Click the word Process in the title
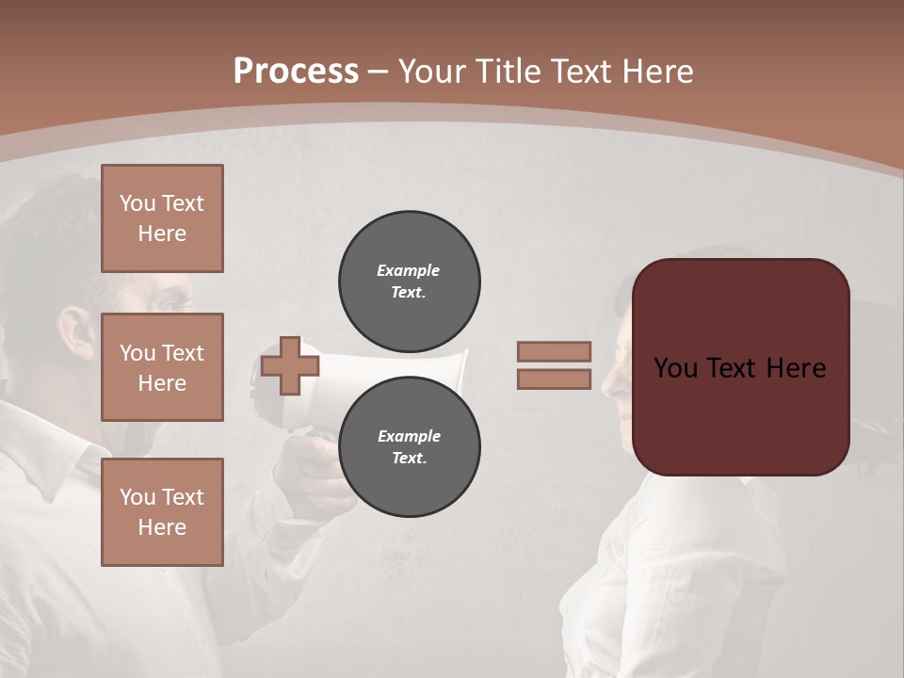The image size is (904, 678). pos(296,71)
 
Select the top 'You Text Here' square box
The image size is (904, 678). pos(162,218)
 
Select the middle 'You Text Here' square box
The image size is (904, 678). pos(162,367)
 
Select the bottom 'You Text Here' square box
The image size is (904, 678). pos(162,512)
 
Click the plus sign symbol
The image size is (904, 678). pos(289,365)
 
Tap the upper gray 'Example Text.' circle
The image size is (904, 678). pos(410,282)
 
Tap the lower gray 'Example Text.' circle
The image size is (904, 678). pos(410,447)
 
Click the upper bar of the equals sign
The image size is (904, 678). pos(554,351)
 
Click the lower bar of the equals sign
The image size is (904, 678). pos(554,379)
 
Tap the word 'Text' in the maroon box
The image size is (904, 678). pos(741,368)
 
